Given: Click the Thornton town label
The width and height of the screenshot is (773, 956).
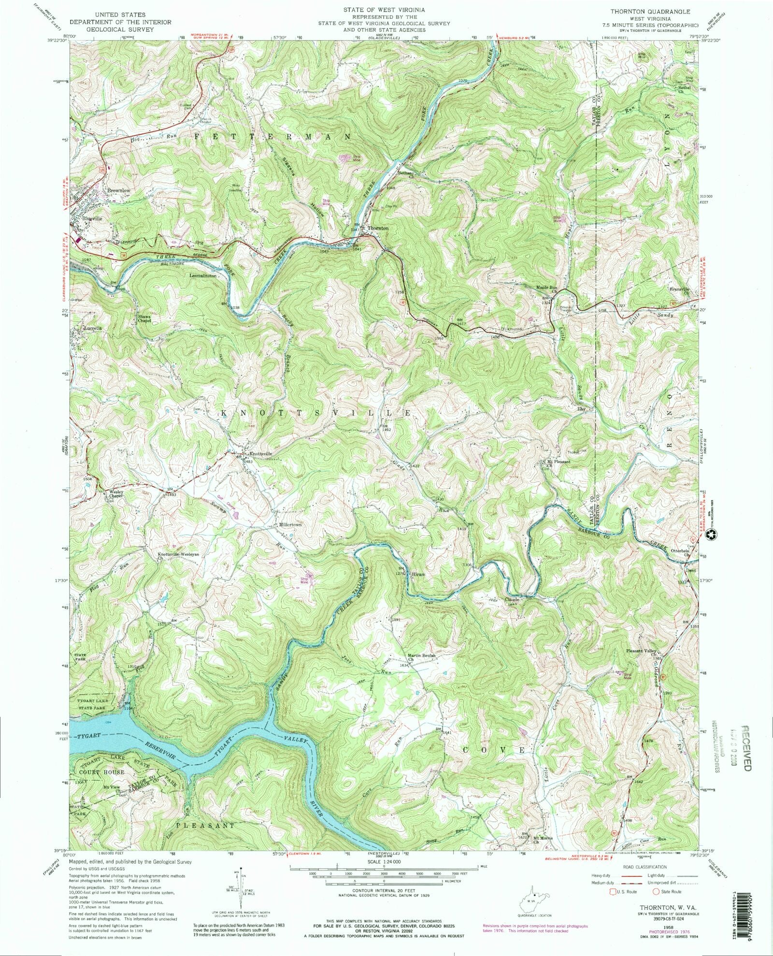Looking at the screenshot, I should pos(378,228).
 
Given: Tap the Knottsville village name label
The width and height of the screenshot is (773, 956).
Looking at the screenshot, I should pos(261,454).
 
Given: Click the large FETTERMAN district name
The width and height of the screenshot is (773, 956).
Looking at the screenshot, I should pos(273,137).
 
